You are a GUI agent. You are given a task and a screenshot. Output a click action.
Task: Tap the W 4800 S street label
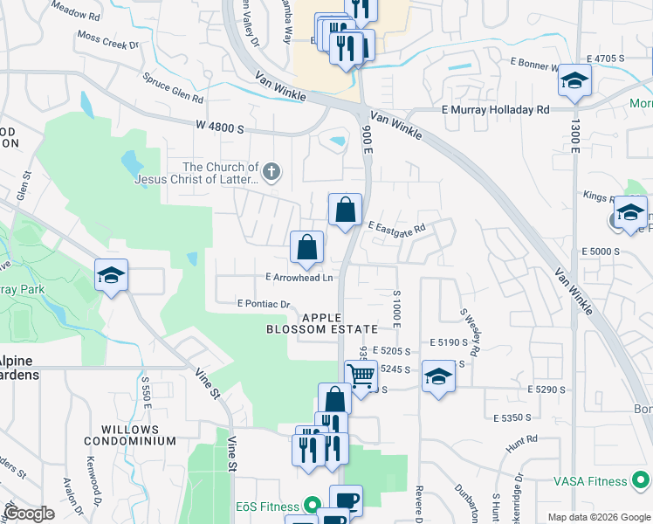click(221, 127)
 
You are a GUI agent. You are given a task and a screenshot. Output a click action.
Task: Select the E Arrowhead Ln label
click(299, 278)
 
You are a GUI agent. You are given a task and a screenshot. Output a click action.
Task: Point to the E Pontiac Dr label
click(263, 304)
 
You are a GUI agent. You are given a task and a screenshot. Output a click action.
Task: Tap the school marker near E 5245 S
click(439, 376)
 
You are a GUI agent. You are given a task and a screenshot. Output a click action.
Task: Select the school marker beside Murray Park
click(112, 275)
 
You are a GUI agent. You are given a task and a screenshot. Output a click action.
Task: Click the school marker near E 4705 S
click(574, 81)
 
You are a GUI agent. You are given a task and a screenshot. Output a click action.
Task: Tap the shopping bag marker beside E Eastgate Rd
click(346, 210)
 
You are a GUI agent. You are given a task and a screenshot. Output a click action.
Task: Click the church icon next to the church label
click(272, 171)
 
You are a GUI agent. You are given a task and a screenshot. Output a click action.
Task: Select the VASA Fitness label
click(590, 481)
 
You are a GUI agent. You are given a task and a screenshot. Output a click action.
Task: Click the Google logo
click(29, 514)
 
